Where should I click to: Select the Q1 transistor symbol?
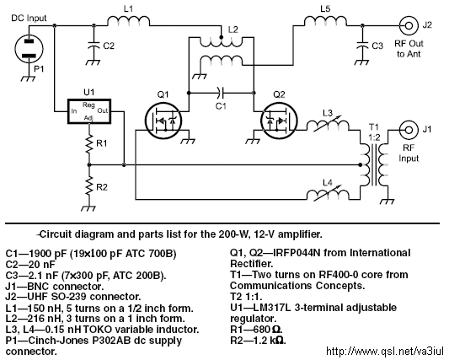point(163,121)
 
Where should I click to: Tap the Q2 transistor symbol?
point(279,121)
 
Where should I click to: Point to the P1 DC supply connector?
point(29,48)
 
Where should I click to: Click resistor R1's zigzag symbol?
point(89,143)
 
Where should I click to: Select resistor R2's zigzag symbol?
point(89,186)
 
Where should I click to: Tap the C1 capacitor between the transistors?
point(221,92)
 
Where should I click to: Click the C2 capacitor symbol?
point(94,45)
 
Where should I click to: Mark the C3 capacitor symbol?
point(362,45)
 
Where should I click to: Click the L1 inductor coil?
point(129,21)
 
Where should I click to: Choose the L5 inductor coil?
point(325,21)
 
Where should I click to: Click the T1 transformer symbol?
point(374,164)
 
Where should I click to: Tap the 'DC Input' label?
point(29,19)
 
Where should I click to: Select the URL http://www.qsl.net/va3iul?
point(385,351)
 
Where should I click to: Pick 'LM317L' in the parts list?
point(272,308)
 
